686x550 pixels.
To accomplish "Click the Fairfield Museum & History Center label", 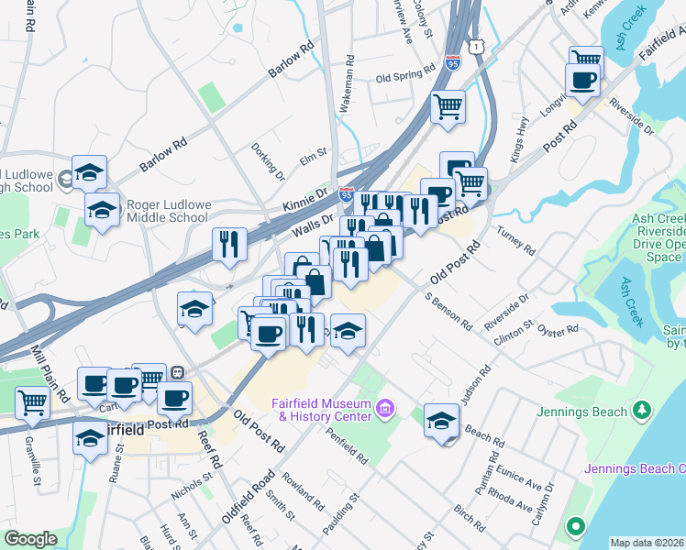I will coord(322,411).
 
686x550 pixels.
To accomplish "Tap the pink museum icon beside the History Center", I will coord(384,406).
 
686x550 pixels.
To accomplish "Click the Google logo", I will coord(30,539).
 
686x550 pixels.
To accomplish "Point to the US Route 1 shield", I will coord(474,45).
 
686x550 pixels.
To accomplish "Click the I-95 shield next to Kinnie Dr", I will coord(346,195).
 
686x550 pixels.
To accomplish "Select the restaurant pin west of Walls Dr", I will coord(228,244).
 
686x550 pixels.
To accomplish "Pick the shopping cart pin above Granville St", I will coord(32,401).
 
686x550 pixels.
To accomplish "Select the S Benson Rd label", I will coord(448,312).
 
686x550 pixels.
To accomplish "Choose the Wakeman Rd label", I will coord(348,88).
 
